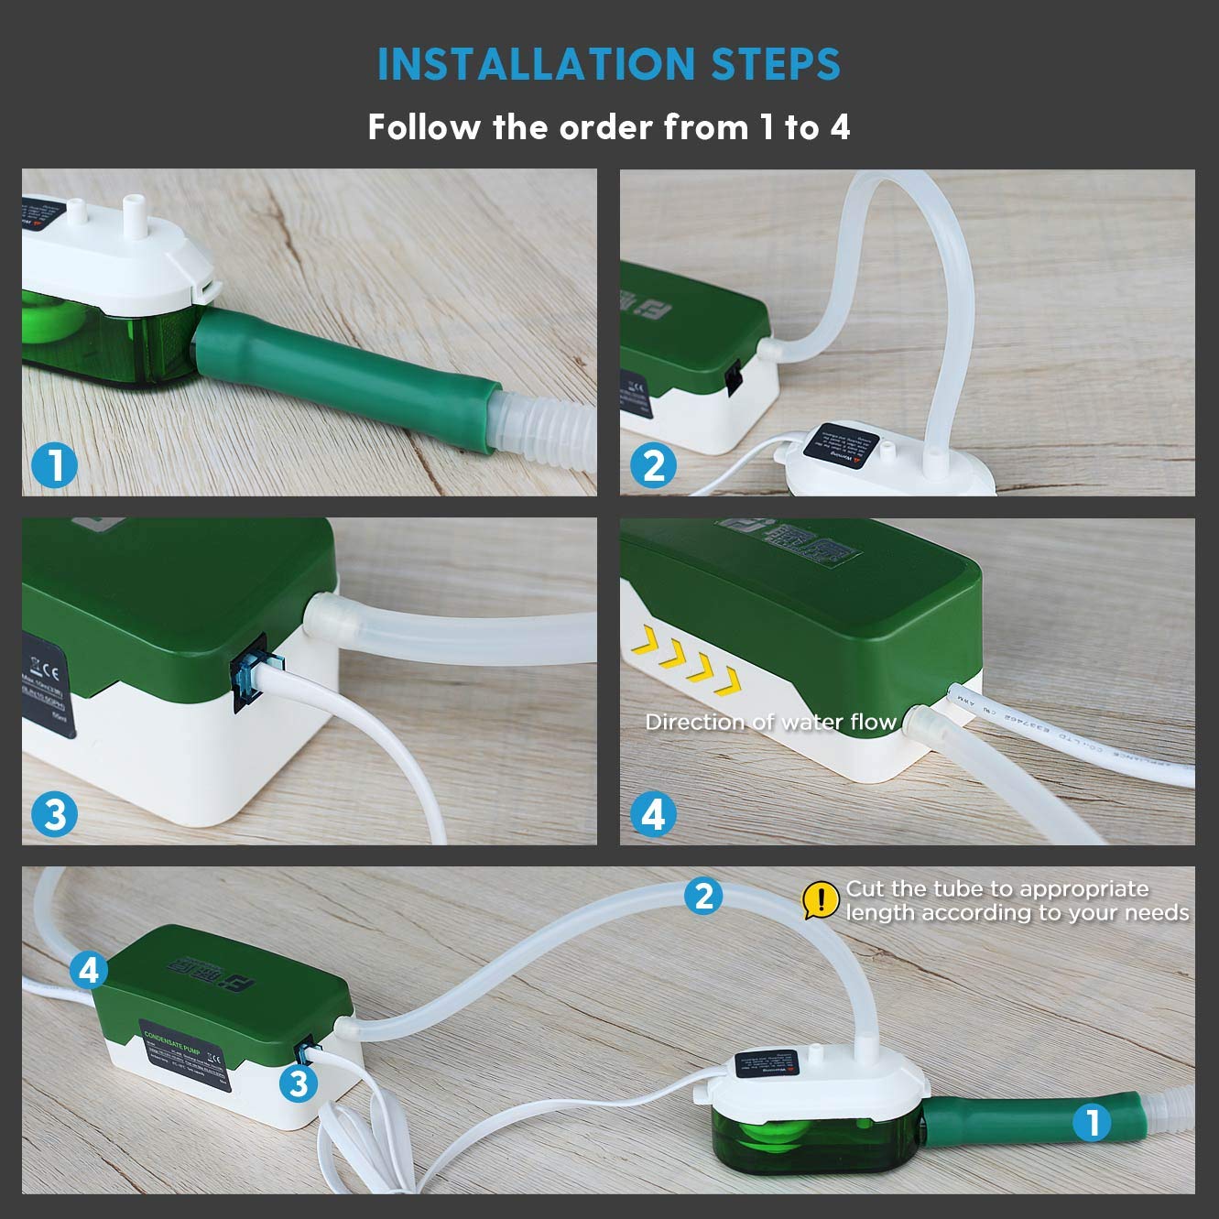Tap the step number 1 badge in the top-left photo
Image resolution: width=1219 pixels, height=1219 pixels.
(x=55, y=466)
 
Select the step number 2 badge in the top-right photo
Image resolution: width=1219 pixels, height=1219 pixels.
(x=654, y=466)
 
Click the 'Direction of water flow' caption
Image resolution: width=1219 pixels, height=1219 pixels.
(x=770, y=722)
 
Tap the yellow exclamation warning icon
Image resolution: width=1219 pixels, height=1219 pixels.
(x=821, y=900)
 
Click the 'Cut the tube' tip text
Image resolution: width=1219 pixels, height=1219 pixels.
(x=1017, y=900)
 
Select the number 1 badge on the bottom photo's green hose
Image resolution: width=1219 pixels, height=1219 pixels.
(x=1090, y=1121)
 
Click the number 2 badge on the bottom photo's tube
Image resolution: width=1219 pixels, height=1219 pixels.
(x=703, y=895)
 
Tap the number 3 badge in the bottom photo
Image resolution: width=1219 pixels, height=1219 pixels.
(x=299, y=1083)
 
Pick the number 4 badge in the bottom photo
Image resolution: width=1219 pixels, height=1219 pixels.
(x=88, y=969)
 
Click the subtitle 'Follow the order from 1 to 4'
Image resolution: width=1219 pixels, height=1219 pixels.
(x=609, y=127)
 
